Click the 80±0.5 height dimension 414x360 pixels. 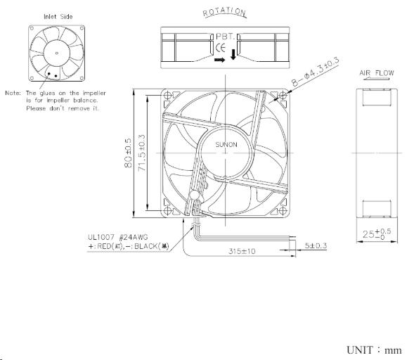click(x=129, y=150)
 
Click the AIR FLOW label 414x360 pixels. click(x=377, y=73)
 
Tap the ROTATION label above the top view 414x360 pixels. click(x=224, y=13)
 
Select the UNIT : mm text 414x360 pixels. click(x=375, y=349)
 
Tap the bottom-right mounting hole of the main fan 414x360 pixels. click(x=283, y=210)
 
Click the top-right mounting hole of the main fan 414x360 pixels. click(x=283, y=96)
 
